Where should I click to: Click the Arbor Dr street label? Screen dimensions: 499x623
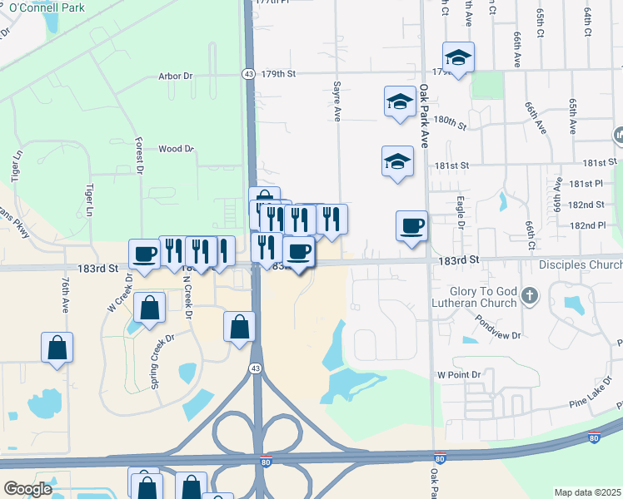(175, 76)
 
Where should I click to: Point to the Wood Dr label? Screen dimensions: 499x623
(176, 149)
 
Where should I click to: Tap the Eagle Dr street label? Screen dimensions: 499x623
(461, 212)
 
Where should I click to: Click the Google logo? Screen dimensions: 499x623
(27, 488)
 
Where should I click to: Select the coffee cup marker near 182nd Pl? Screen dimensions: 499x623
(411, 226)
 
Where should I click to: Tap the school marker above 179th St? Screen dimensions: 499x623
(458, 57)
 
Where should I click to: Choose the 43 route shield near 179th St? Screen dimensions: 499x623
(249, 74)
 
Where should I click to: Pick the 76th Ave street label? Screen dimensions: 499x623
(64, 296)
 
